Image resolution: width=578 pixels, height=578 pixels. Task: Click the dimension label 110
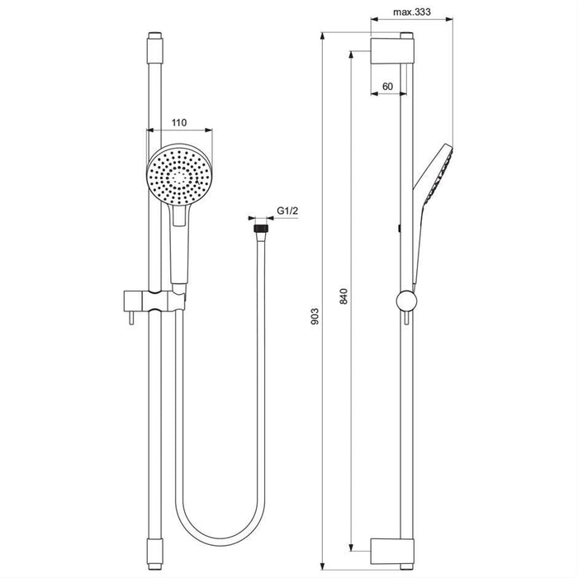click(x=178, y=122)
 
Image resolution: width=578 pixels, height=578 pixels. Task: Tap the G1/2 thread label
click(x=287, y=211)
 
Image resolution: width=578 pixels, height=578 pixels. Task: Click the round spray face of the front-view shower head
click(x=179, y=176)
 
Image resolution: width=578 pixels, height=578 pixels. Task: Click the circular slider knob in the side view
click(x=405, y=302)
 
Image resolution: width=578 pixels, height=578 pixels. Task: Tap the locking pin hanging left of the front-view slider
click(x=128, y=315)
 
